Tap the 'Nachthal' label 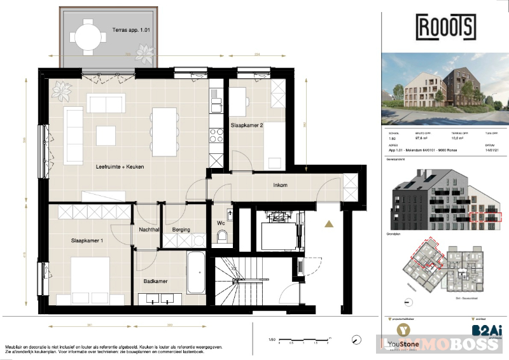[x=147, y=230]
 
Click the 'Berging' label [x=181, y=230]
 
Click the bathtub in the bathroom [x=196, y=272]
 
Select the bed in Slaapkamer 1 [x=92, y=284]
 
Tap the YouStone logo [x=403, y=334]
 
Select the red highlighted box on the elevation [x=486, y=217]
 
